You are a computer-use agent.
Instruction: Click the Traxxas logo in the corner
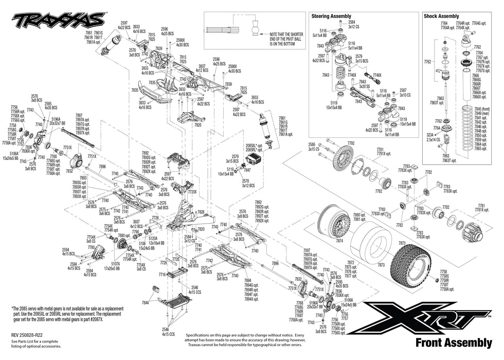(x=60, y=21)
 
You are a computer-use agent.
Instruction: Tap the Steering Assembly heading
(x=331, y=16)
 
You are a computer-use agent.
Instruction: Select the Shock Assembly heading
(x=441, y=16)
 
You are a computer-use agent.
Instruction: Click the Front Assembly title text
(x=453, y=343)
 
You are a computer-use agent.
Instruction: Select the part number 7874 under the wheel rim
(x=339, y=241)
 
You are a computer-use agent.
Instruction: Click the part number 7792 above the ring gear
(x=351, y=143)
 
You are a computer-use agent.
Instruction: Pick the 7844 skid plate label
(x=145, y=303)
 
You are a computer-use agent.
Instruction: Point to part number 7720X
(x=192, y=191)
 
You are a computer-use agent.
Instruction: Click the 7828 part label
(x=201, y=212)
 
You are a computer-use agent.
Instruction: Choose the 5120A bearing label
(x=153, y=239)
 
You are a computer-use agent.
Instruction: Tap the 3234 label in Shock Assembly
(x=430, y=134)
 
